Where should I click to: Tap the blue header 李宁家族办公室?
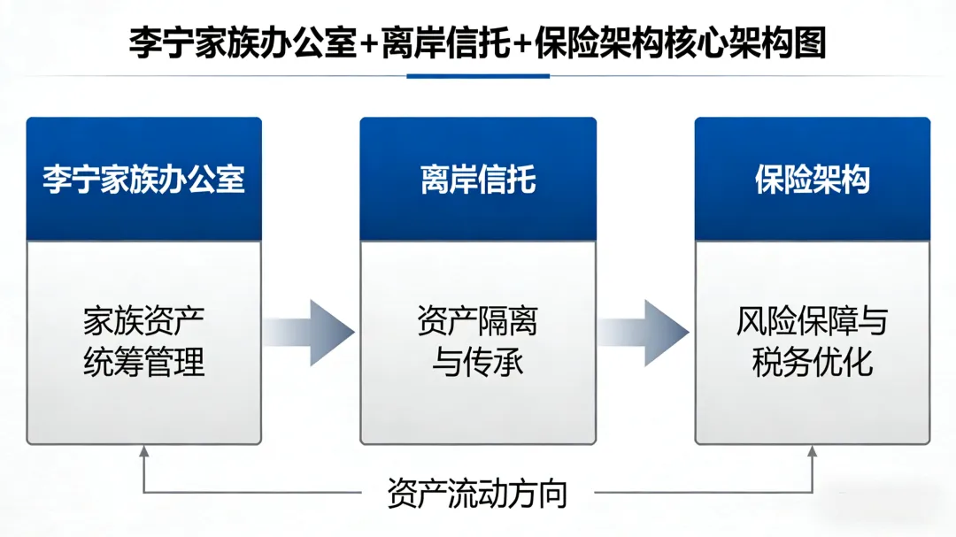(x=143, y=180)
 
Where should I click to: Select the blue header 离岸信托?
(x=478, y=180)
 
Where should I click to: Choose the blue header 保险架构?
(x=812, y=180)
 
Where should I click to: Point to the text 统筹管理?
(x=143, y=363)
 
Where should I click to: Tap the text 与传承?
(x=478, y=363)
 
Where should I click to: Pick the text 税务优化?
(x=812, y=363)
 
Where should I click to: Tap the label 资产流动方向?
(x=477, y=493)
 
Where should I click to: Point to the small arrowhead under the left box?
(x=144, y=452)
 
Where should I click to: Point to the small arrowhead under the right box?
(x=812, y=452)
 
